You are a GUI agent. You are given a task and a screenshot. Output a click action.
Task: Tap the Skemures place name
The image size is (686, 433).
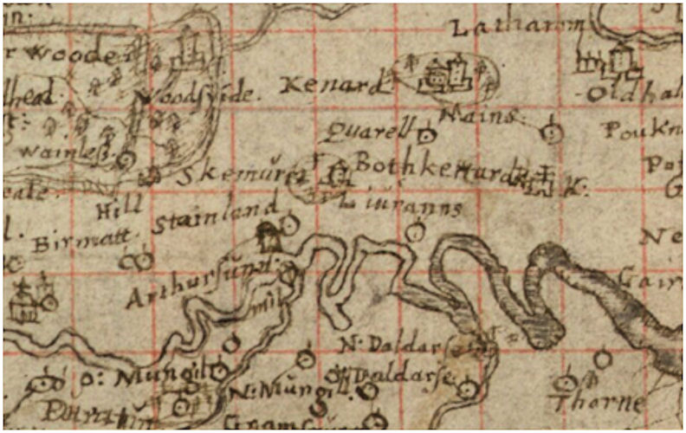[x=241, y=176]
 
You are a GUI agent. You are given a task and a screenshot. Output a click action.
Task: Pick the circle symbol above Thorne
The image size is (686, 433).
[x=603, y=358]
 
